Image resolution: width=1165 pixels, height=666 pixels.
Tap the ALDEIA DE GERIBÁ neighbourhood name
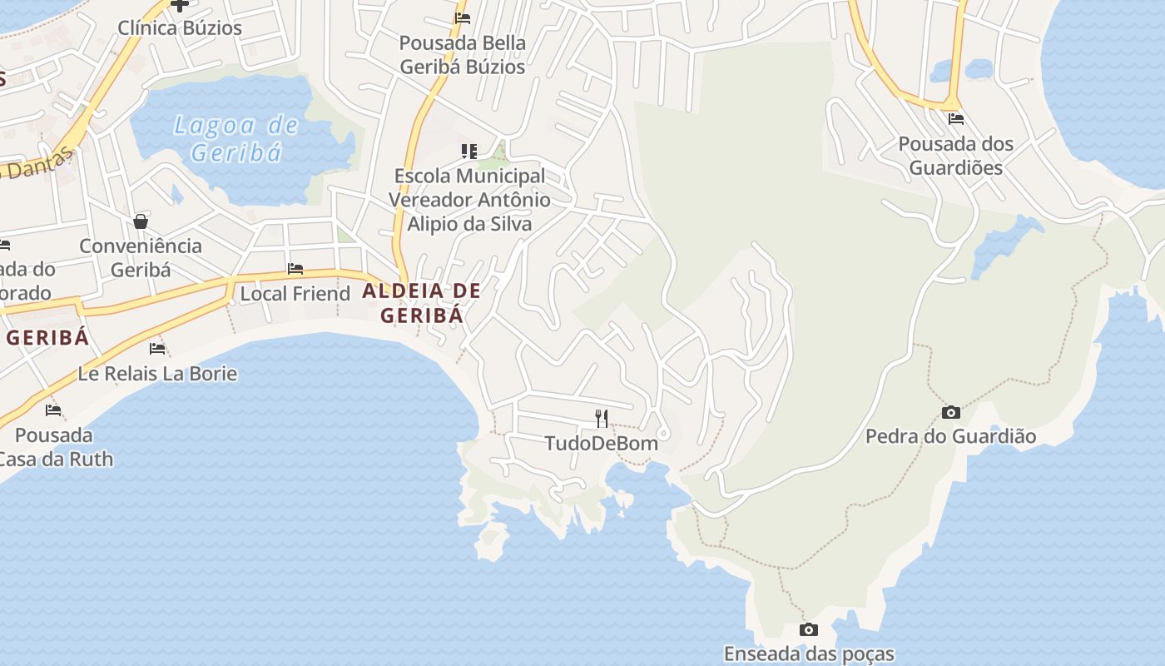[421, 303]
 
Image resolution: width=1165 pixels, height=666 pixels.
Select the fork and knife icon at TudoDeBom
[602, 418]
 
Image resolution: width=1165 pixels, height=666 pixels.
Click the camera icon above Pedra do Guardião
[950, 412]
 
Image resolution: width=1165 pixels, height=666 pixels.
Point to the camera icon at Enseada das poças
[808, 630]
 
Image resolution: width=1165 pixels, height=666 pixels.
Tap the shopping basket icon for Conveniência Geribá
[141, 221]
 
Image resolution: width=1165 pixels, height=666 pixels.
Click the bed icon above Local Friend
[295, 269]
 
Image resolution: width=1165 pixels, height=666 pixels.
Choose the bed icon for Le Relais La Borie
[157, 348]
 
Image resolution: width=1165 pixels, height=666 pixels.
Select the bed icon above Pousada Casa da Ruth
[53, 410]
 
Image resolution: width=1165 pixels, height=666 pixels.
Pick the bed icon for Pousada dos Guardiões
[955, 119]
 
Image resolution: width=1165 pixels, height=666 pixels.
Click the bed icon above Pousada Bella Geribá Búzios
[463, 17]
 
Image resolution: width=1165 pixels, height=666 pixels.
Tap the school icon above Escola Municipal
[469, 151]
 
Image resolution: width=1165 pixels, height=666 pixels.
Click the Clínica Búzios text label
[180, 27]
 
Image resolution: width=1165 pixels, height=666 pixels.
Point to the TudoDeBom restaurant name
[602, 443]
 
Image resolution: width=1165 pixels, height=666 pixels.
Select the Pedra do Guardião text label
[950, 436]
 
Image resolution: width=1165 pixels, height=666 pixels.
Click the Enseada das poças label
[809, 654]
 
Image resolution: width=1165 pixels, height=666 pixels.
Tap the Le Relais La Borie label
[157, 374]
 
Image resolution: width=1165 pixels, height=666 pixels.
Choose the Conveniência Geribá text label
[141, 258]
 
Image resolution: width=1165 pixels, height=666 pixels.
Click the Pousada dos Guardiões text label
[955, 156]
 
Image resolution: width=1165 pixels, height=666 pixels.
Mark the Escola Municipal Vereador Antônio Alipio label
[469, 200]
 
